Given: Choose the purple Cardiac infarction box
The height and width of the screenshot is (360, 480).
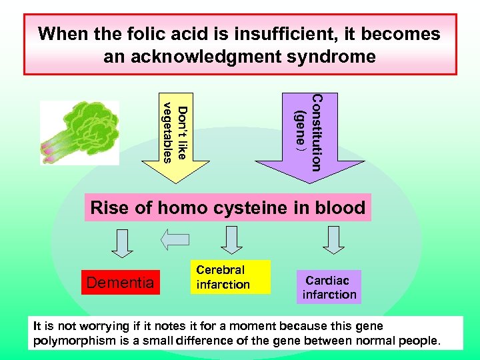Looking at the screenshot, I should coord(329,287).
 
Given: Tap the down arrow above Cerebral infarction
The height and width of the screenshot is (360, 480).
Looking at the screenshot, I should coord(231,239).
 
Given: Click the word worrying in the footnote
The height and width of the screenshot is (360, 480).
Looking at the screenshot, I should coord(113,326).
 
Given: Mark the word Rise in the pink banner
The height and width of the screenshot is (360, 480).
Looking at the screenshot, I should coord(109,208).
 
